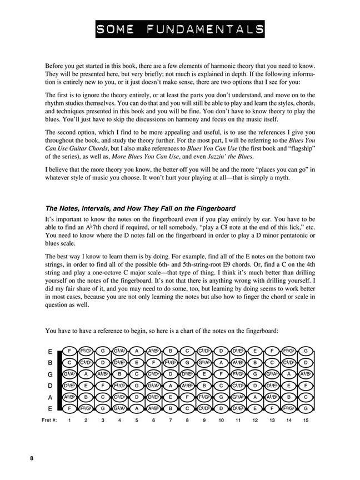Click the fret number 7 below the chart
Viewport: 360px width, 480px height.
click(171, 421)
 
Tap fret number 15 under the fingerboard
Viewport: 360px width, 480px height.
click(306, 421)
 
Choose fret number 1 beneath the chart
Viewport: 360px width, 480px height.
click(69, 421)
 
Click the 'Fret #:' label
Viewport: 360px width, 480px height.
click(51, 421)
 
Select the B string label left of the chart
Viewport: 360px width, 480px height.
click(51, 363)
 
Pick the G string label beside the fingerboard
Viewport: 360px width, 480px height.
click(51, 374)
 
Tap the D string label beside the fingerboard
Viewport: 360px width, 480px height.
click(51, 385)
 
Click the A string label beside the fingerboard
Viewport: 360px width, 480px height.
click(51, 397)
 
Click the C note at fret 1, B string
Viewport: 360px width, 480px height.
click(69, 363)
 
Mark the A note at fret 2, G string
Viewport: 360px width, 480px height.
click(86, 374)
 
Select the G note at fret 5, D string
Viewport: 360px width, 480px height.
click(137, 385)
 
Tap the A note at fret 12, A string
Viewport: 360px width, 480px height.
click(255, 397)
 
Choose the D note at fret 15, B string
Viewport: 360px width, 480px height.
click(306, 363)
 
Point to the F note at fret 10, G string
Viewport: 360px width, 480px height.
click(221, 374)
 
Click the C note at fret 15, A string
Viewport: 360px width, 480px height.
click(306, 397)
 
